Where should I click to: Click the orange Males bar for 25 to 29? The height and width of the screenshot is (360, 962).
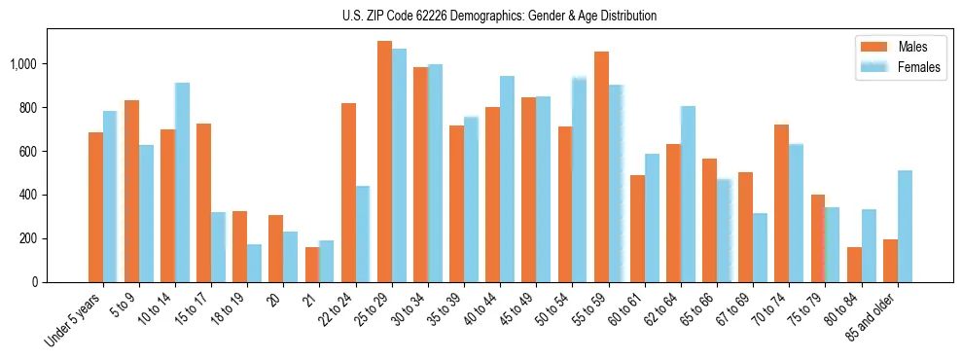point(384,162)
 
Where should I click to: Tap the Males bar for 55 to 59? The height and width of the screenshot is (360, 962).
point(601,166)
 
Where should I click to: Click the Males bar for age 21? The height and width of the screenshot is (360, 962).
point(312,265)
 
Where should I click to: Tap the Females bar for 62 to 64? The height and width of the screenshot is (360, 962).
point(688,194)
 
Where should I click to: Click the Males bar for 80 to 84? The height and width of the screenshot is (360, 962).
point(854,265)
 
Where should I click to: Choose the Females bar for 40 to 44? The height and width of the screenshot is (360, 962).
point(507,179)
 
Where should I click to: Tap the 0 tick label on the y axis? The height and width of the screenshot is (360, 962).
point(35,282)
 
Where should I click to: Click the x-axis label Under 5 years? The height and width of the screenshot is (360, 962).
point(73,321)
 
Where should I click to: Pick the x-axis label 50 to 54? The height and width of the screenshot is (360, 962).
point(554,310)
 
